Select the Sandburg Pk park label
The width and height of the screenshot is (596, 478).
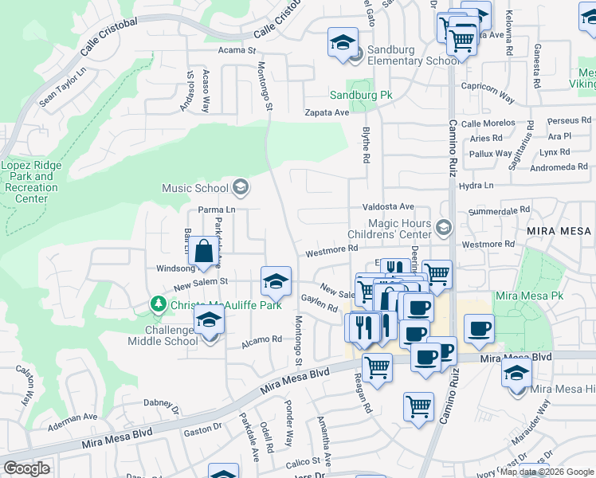click(362, 95)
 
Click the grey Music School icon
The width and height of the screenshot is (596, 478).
click(240, 188)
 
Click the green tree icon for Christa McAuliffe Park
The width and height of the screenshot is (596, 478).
click(158, 304)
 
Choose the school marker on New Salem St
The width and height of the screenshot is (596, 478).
click(276, 281)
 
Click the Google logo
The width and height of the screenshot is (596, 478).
click(25, 468)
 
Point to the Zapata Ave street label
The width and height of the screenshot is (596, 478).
click(327, 113)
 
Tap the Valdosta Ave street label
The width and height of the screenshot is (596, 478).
click(389, 206)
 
